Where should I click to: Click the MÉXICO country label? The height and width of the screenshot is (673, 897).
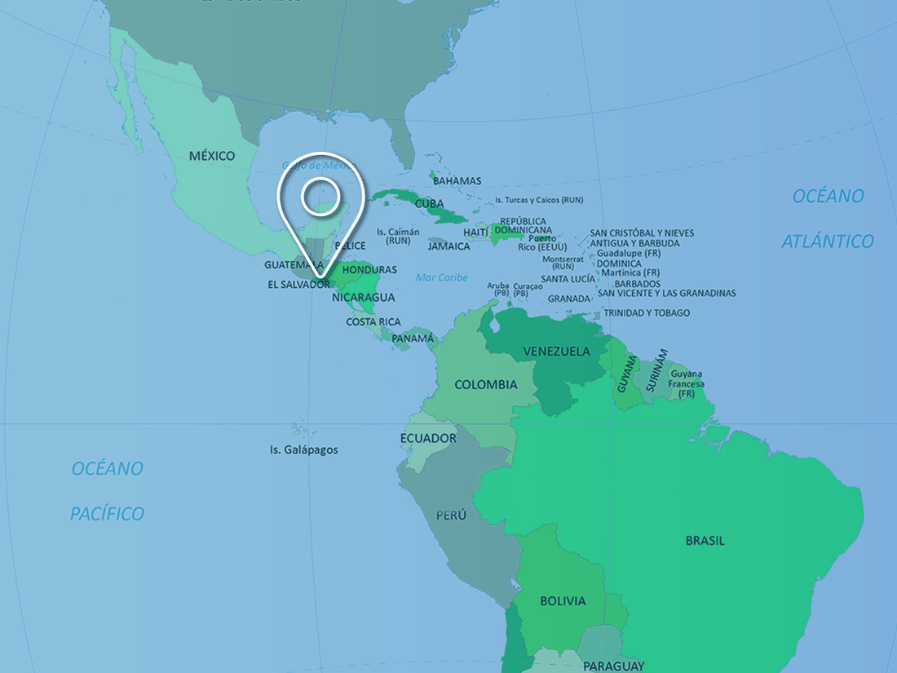[x=212, y=156]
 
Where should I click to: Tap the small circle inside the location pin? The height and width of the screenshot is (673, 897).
[x=320, y=197]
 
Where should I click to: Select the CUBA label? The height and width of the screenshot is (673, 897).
[x=429, y=203]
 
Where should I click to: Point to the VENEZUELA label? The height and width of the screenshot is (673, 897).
[x=556, y=352]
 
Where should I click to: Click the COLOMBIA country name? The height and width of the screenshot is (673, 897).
[x=486, y=384]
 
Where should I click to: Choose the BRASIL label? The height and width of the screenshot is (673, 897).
[x=705, y=541]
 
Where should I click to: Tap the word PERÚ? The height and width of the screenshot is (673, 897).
[x=451, y=516]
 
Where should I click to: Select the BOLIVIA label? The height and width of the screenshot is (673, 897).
[x=563, y=601]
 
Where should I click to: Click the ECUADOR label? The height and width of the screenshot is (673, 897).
[x=428, y=439]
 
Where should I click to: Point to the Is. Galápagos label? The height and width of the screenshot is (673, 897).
[x=303, y=449]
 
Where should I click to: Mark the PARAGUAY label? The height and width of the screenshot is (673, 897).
[x=613, y=666]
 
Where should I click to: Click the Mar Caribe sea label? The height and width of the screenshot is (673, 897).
[x=442, y=277]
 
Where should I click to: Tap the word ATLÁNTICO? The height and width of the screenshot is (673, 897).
[x=828, y=241]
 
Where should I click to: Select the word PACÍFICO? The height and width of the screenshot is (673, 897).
[x=107, y=514]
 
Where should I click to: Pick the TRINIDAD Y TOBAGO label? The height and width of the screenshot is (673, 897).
[x=647, y=313]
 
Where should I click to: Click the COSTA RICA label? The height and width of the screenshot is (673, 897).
[x=373, y=322]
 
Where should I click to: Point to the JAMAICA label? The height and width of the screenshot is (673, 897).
[x=448, y=246]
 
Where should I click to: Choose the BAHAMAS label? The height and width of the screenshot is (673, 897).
[x=457, y=181]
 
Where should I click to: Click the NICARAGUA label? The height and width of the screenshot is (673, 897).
[x=364, y=298]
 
